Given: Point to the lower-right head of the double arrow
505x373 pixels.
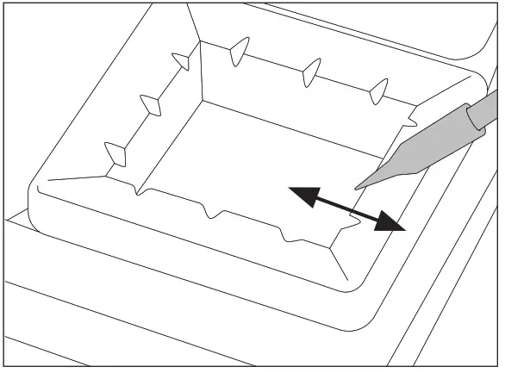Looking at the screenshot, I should pyautogui.click(x=394, y=224).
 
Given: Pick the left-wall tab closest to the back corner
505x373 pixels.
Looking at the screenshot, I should pyautogui.click(x=182, y=60).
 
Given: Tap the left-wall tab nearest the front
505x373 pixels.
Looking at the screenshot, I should pyautogui.click(x=115, y=154).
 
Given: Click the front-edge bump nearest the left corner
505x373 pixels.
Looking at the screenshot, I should pyautogui.click(x=137, y=189).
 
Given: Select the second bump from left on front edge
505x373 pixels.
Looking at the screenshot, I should pyautogui.click(x=209, y=211).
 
